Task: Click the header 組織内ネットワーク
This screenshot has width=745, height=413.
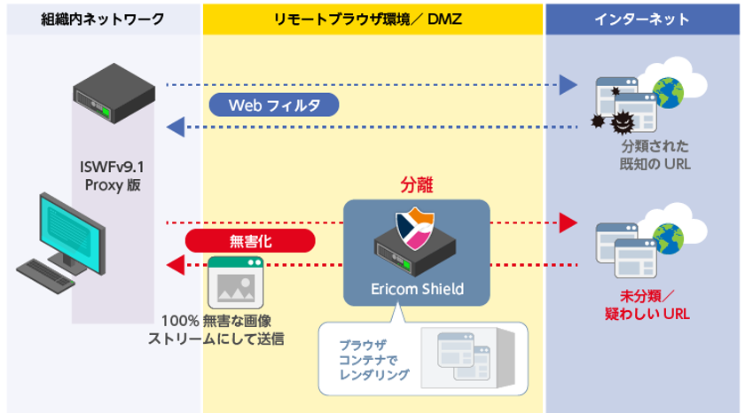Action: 103,18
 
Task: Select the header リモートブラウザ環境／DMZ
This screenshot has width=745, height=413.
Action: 373,18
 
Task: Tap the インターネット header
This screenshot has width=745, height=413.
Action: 644,18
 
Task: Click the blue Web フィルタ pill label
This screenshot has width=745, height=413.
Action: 274,105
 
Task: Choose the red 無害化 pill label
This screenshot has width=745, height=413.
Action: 250,240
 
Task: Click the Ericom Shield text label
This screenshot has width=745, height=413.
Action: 417,290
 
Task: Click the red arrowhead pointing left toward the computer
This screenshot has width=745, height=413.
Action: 176,263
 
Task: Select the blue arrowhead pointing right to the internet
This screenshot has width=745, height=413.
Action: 568,86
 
